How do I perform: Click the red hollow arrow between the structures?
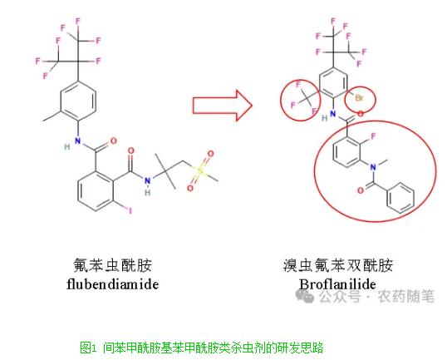coord(222,106)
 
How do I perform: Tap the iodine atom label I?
coord(130,211)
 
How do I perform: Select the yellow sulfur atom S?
coord(200,171)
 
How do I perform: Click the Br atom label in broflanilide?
coord(359,98)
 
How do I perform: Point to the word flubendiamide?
coord(113,284)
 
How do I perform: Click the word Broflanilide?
coord(337,284)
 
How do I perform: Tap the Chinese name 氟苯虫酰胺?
coord(113,265)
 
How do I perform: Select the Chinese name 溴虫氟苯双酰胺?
coord(338,265)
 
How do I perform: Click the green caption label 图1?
coord(89,348)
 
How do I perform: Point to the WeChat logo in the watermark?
coord(305,296)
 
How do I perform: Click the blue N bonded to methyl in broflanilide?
coord(372,167)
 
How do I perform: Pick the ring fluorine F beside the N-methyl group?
coord(373,136)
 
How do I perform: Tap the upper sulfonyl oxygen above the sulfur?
coord(210,154)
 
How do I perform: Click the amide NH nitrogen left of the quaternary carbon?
coord(147,181)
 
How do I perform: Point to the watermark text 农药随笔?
coord(405,296)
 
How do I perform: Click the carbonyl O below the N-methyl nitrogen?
coord(361,190)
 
